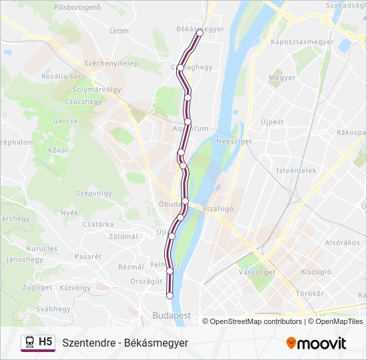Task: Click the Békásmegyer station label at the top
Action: [x=200, y=29]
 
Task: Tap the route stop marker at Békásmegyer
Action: [x=200, y=33]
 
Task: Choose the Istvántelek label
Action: [x=296, y=170]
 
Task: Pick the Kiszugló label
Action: [x=316, y=271]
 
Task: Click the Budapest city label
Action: [x=171, y=315]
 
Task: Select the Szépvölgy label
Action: [x=94, y=193]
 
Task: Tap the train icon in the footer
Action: [x=29, y=343]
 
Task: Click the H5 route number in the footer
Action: [x=46, y=342]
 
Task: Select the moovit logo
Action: [x=316, y=343]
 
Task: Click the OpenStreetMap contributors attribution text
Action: [x=256, y=321]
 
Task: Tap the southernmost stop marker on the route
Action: [x=169, y=295]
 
